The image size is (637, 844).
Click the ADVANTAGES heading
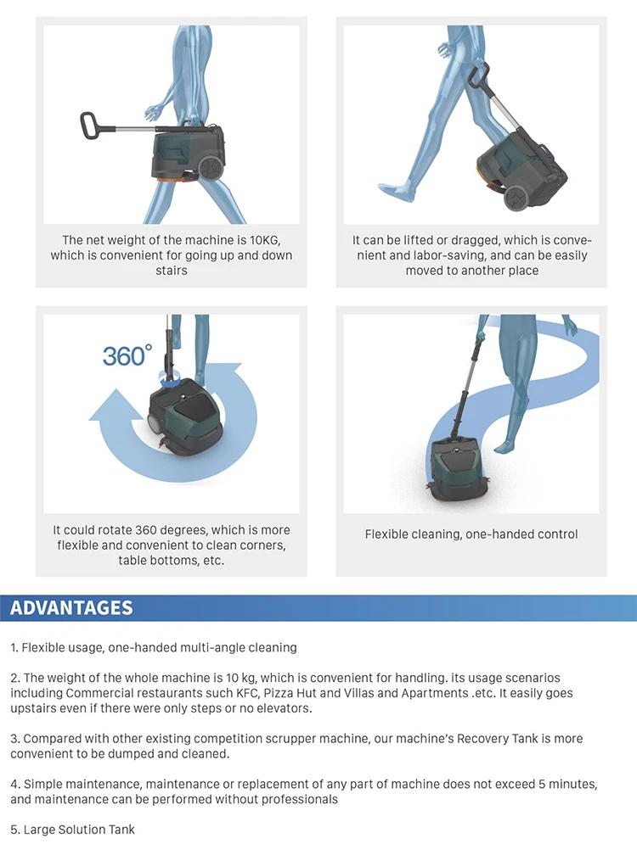(x=71, y=607)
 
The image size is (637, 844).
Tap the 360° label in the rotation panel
(x=127, y=355)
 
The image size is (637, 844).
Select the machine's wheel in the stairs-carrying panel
(x=211, y=168)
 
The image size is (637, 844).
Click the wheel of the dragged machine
(x=517, y=198)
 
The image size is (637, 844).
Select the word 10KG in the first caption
(x=264, y=240)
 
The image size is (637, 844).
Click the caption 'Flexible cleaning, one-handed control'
(x=471, y=534)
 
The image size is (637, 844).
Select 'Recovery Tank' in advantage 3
(x=497, y=739)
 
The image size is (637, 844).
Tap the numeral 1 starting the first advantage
(x=13, y=647)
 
